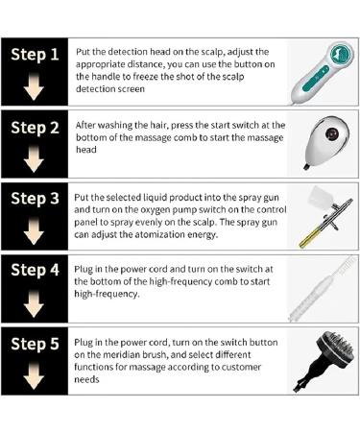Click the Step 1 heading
point(35,54)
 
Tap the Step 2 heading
point(35,128)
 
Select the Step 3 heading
point(35,198)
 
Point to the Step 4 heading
point(35,270)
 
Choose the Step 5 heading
point(35,344)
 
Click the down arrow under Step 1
point(34,86)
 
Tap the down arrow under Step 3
point(34,230)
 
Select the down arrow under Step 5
point(34,375)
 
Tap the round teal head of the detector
point(342,55)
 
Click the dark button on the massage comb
point(331,133)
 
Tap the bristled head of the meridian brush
point(336,348)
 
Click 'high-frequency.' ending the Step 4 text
point(107,294)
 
